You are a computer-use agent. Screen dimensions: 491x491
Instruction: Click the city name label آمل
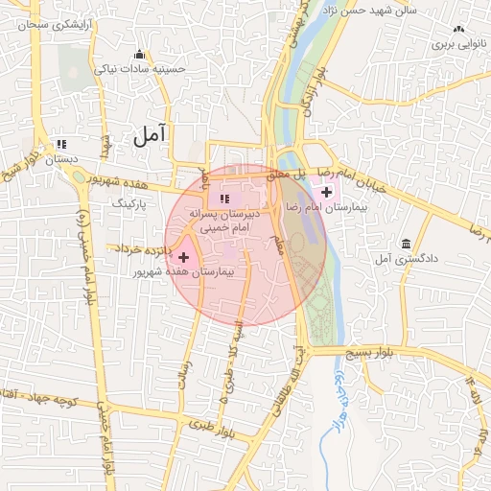click(x=150, y=134)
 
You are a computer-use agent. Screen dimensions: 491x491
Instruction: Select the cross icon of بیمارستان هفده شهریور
click(x=184, y=257)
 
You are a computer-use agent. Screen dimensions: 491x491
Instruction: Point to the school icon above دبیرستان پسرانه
click(x=224, y=199)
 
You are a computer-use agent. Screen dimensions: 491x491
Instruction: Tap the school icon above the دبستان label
click(x=61, y=143)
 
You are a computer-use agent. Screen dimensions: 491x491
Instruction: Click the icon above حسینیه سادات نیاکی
click(x=141, y=54)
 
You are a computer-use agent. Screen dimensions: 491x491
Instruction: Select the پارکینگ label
click(x=129, y=204)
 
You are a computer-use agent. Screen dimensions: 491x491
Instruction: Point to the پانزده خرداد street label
click(x=143, y=249)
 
